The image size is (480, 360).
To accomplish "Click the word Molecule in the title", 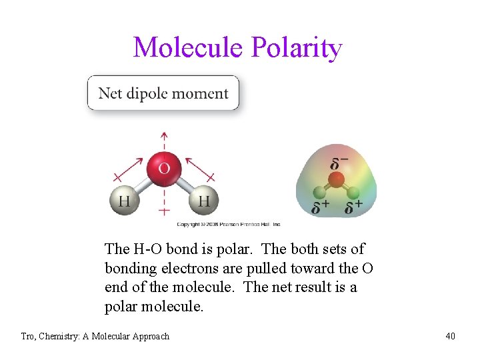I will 189,48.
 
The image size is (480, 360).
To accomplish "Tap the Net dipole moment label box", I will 163,93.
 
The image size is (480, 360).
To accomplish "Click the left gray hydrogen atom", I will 125,201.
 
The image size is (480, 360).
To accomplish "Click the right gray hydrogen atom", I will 203,201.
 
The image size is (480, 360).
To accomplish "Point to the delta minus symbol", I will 339,163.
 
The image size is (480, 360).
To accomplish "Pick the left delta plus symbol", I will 320,207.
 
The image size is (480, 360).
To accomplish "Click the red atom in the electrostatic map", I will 337,179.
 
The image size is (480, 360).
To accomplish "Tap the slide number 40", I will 451,336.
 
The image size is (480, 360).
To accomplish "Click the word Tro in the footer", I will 29,336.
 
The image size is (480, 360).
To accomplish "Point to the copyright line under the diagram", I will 229,225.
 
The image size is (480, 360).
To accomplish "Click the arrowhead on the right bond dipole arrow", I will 188,160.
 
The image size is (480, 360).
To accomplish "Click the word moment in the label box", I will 203,93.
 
